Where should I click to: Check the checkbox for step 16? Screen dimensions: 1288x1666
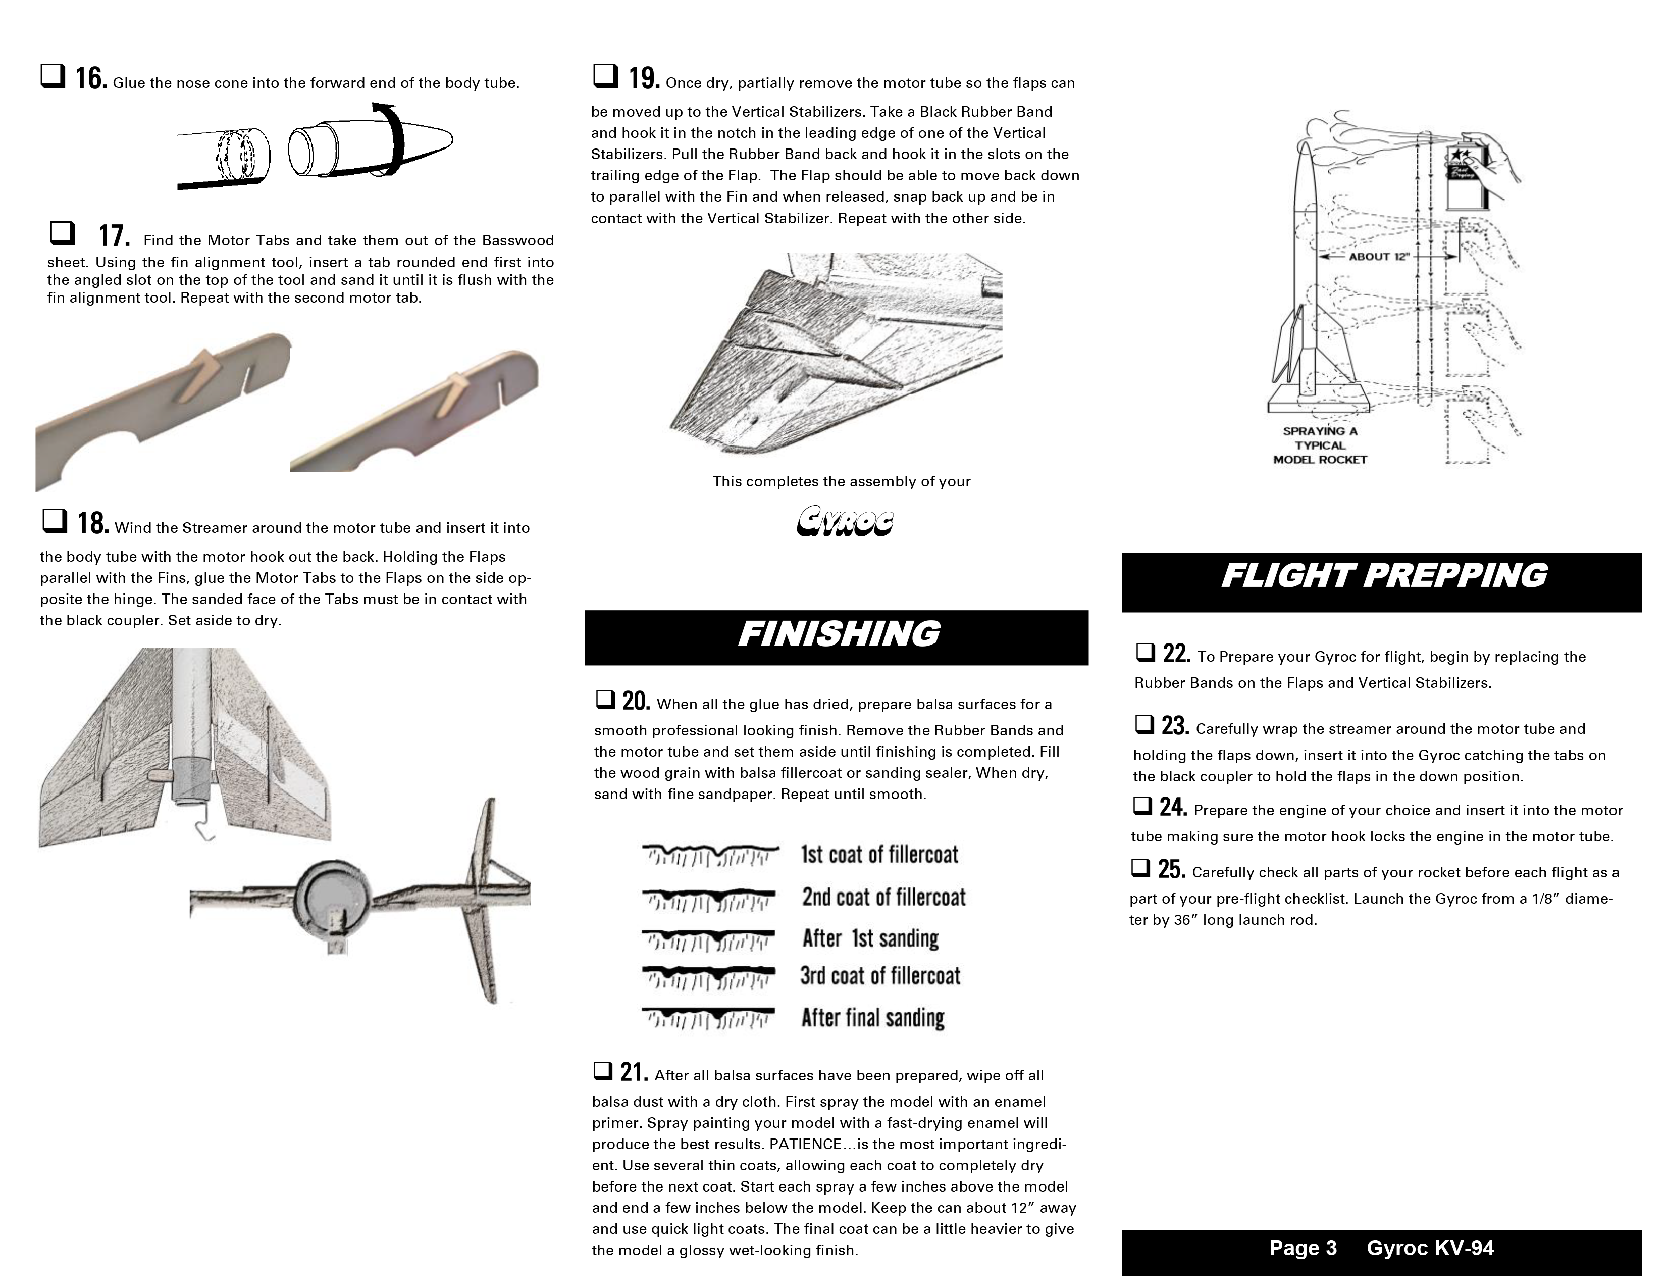pos(53,76)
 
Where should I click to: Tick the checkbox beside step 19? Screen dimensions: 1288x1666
pos(605,76)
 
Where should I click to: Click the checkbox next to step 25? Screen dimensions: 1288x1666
pos(1140,868)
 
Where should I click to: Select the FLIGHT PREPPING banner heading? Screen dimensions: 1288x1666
pos(1383,576)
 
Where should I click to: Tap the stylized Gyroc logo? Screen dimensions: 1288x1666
pos(845,523)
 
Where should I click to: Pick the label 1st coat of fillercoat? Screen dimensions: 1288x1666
pos(879,855)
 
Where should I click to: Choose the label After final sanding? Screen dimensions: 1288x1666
pos(873,1018)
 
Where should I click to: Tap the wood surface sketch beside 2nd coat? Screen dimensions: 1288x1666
pos(709,899)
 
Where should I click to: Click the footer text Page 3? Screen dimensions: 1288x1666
pos(1303,1248)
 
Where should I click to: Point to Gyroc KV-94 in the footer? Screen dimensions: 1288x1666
pos(1430,1248)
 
